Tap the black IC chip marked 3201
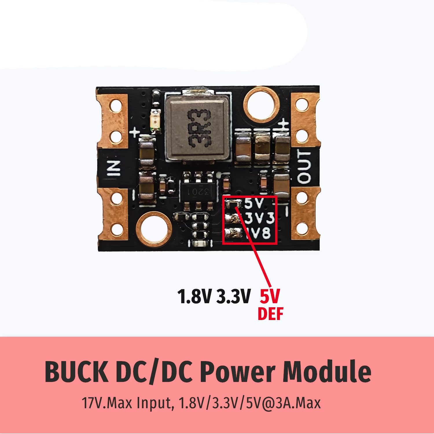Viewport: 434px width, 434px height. (198, 191)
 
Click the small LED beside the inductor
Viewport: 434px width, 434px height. (157, 121)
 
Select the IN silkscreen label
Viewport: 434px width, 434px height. (114, 168)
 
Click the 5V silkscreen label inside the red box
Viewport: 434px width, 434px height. (254, 203)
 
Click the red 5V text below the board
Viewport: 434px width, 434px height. (270, 297)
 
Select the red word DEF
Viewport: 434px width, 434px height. (271, 314)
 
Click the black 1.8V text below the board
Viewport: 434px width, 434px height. (194, 297)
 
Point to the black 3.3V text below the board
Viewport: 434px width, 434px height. (233, 297)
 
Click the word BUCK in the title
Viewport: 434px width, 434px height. (77, 372)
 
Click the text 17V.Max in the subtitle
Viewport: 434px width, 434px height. (107, 403)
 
